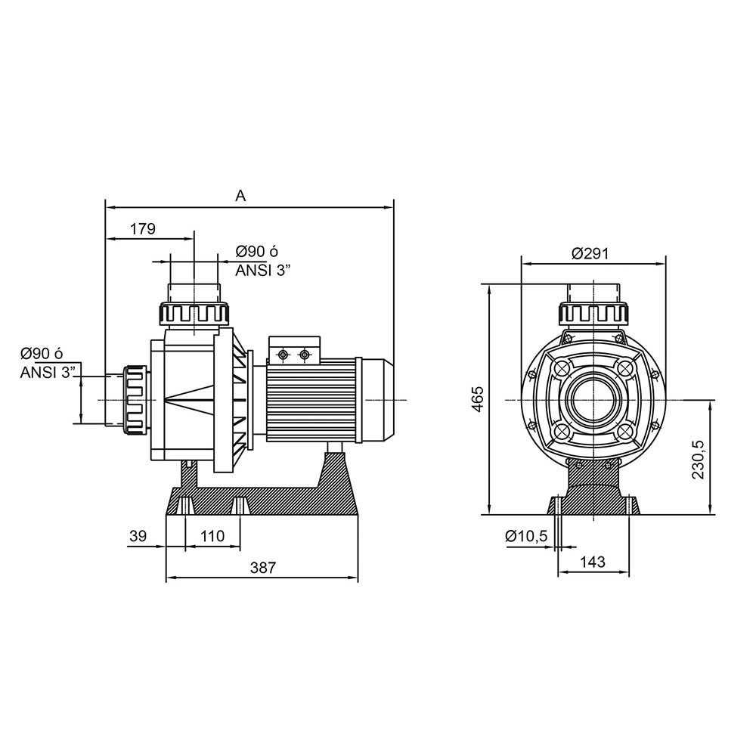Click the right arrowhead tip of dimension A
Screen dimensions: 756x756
[x=393, y=208]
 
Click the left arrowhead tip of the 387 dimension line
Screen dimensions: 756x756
[x=166, y=577]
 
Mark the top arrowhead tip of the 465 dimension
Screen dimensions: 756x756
[x=489, y=284]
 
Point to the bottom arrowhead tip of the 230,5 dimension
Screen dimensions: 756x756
[x=710, y=514]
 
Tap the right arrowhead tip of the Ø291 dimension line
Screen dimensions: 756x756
[x=665, y=264]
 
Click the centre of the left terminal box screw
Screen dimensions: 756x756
[x=283, y=355]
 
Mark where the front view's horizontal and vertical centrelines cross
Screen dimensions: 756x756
[x=593, y=400]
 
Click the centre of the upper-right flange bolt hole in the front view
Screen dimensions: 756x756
[x=625, y=369]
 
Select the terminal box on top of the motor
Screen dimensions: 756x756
[x=295, y=349]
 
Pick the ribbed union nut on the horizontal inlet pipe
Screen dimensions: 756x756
[x=135, y=400]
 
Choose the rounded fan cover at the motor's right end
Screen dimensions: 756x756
[x=378, y=400]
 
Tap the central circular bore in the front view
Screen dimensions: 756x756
[x=593, y=400]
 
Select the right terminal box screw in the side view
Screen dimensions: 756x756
[x=304, y=355]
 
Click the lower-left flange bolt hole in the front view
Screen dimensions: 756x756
[x=562, y=431]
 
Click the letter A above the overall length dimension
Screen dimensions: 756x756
[x=240, y=196]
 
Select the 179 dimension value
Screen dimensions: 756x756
[x=143, y=228]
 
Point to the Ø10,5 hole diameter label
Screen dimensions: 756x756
[x=526, y=536]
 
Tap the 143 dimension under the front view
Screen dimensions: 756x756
[x=593, y=562]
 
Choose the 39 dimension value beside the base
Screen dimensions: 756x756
[x=138, y=536]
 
